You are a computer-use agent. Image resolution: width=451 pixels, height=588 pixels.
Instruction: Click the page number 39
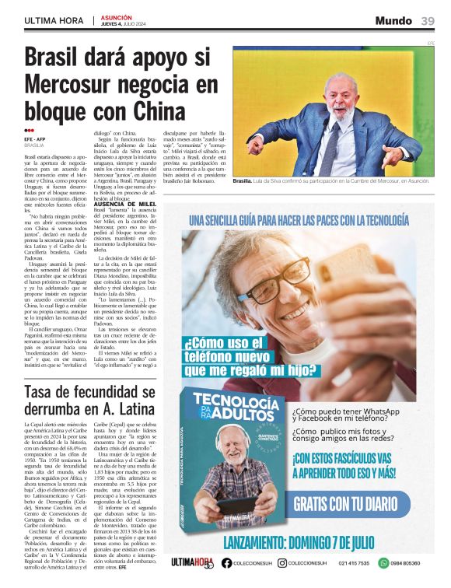pyautogui.click(x=428, y=21)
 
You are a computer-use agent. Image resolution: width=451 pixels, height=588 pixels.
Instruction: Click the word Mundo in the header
pyautogui.click(x=393, y=21)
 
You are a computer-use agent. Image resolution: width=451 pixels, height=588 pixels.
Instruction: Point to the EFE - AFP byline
pyautogui.click(x=36, y=139)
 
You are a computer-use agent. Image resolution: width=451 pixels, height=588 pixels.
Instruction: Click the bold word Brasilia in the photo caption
pyautogui.click(x=243, y=180)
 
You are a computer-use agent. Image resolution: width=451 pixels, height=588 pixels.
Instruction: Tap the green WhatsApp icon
pyautogui.click(x=383, y=562)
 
